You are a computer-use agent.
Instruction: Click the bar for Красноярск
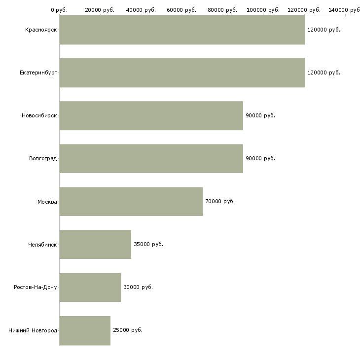pyautogui.click(x=182, y=30)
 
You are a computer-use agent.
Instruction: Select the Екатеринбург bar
pyautogui.click(x=182, y=73)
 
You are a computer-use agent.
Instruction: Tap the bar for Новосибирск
pyautogui.click(x=151, y=116)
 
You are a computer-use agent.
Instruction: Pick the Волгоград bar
pyautogui.click(x=151, y=159)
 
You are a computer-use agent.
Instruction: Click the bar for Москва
pyautogui.click(x=131, y=202)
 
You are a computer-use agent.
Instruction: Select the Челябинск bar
pyautogui.click(x=95, y=245)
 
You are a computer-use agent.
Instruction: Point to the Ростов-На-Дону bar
pyautogui.click(x=90, y=288)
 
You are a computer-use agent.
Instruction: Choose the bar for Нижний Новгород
pyautogui.click(x=85, y=330)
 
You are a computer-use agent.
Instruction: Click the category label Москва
pyautogui.click(x=47, y=202)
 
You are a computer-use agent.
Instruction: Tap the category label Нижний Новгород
pyautogui.click(x=33, y=330)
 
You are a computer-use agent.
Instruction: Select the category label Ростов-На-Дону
pyautogui.click(x=36, y=288)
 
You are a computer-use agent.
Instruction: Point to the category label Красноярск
pyautogui.click(x=41, y=30)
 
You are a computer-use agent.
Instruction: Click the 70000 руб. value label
pyautogui.click(x=220, y=202)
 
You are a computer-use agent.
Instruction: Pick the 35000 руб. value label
pyautogui.click(x=148, y=245)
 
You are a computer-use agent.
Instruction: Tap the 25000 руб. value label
pyautogui.click(x=128, y=330)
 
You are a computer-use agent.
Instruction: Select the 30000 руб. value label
pyautogui.click(x=138, y=288)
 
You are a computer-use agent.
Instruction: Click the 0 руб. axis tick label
pyautogui.click(x=59, y=10)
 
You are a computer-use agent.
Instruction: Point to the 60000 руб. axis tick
pyautogui.click(x=182, y=10)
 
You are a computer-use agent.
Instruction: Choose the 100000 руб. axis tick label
pyautogui.click(x=264, y=10)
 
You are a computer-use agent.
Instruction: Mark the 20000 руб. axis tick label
pyautogui.click(x=100, y=10)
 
